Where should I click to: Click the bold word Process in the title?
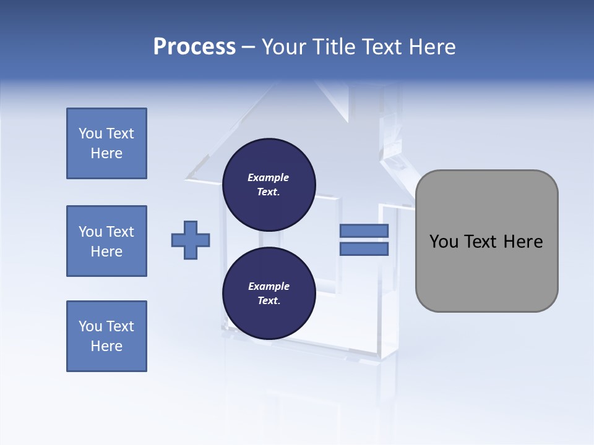point(194,47)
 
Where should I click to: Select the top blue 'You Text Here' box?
point(106,143)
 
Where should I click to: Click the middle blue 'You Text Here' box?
point(106,241)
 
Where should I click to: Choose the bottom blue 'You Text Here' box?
point(106,336)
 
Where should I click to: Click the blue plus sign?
point(191,240)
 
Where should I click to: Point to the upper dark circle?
point(269,184)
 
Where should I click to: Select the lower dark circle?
point(269,293)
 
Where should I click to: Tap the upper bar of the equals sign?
point(364,231)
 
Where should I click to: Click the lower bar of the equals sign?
point(364,249)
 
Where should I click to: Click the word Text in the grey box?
point(481,242)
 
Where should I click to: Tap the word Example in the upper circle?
point(269,177)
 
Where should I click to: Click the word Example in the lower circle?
point(269,286)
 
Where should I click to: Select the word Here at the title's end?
point(431,47)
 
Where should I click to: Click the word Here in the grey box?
point(523,242)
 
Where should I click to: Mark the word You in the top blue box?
point(90,133)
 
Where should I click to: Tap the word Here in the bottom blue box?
point(106,346)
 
